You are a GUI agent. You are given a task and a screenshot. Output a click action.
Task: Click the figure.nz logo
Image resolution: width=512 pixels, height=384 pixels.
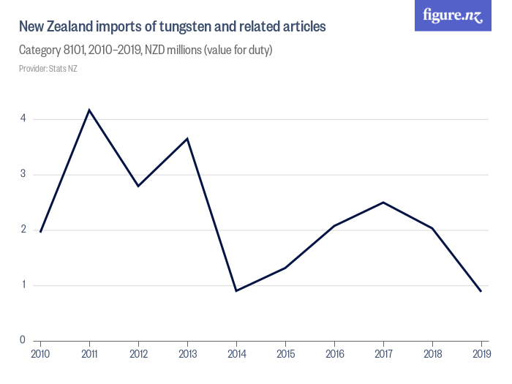click(x=453, y=15)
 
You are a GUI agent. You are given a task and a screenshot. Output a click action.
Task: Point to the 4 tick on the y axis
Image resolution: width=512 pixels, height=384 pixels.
click(x=23, y=118)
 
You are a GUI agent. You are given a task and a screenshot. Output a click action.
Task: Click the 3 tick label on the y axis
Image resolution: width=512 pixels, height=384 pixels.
click(x=23, y=174)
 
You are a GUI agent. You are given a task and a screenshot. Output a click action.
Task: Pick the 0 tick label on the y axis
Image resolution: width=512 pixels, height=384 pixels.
click(x=23, y=340)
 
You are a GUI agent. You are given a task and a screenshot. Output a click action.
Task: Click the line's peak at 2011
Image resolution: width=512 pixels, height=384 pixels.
click(x=89, y=110)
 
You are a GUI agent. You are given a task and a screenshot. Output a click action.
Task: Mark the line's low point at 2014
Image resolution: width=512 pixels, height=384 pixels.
click(x=236, y=291)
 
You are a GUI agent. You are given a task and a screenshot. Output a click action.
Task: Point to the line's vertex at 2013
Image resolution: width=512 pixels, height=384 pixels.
click(x=187, y=138)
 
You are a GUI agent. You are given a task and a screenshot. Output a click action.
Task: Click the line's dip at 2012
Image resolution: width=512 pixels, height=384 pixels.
click(x=138, y=186)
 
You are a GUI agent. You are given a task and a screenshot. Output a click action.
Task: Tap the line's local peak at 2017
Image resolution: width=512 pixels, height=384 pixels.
click(x=383, y=202)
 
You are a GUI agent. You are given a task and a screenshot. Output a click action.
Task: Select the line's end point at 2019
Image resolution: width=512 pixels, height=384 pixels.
click(x=481, y=291)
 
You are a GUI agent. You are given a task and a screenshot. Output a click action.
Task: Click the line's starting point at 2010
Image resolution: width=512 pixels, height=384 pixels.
click(x=40, y=232)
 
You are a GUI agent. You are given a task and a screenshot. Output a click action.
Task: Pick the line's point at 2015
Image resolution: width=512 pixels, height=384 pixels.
click(x=285, y=268)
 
